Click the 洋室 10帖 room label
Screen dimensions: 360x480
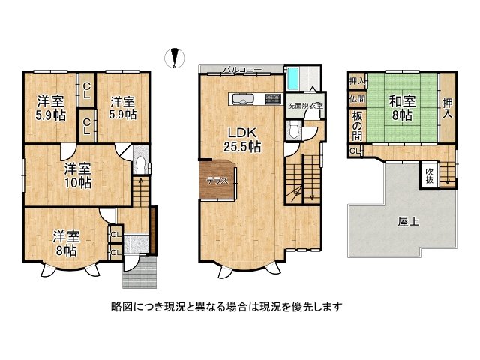point(77,175)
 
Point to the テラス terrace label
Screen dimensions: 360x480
point(217,181)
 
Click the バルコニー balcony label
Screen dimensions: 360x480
point(241,70)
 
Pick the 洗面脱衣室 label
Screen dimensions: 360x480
point(305,106)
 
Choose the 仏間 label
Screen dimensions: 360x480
point(357,98)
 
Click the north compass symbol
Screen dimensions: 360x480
point(175,58)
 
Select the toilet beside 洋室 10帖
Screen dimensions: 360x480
point(140,165)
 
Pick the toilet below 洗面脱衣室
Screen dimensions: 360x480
point(295,132)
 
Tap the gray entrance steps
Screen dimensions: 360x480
point(139,271)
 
